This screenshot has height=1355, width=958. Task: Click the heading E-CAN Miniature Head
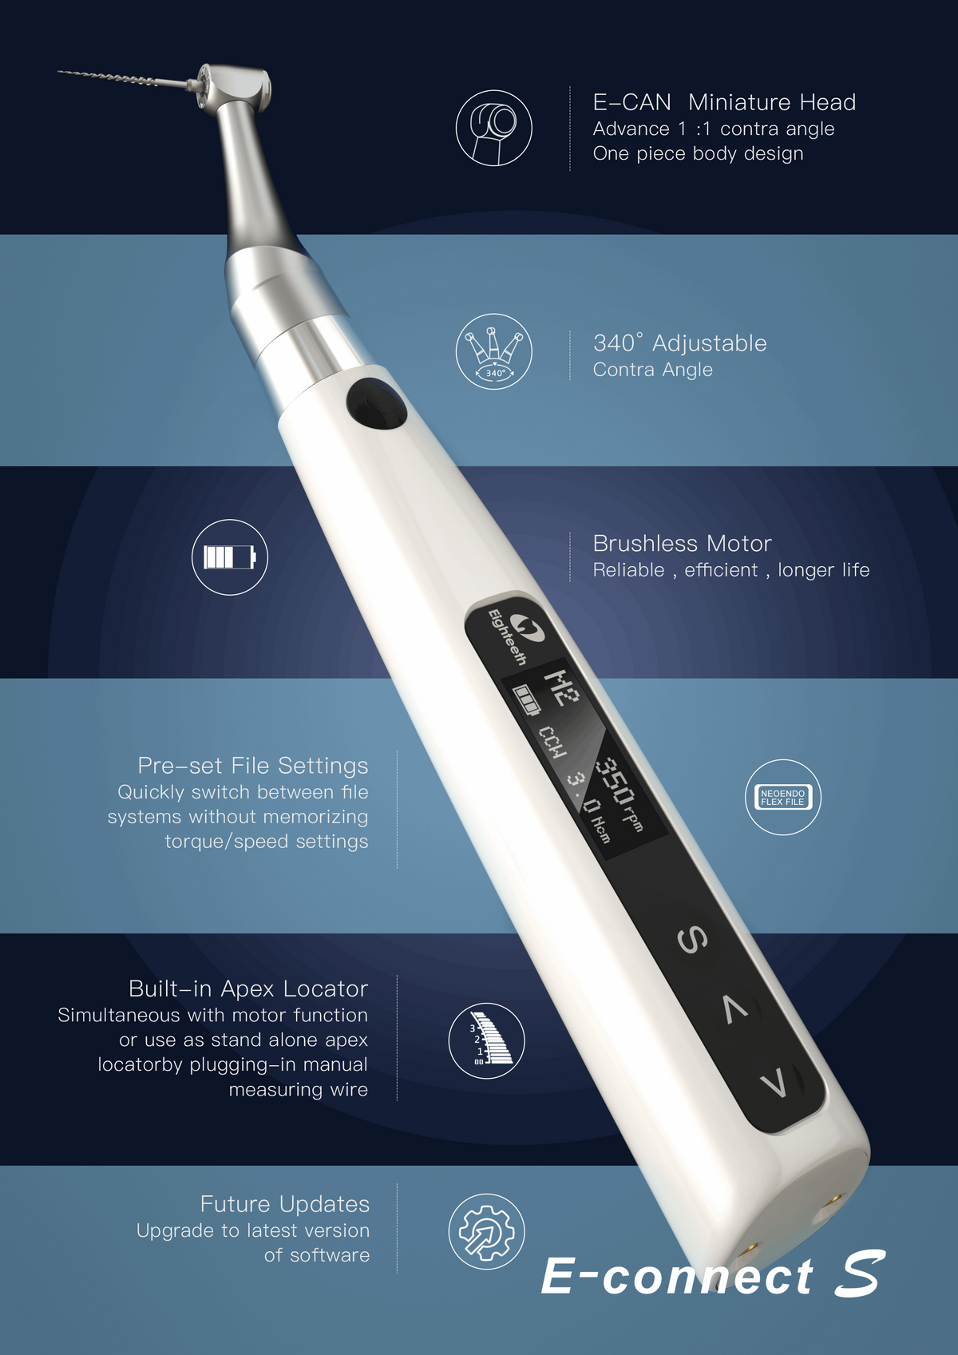click(x=723, y=102)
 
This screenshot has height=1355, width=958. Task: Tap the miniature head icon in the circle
click(x=493, y=128)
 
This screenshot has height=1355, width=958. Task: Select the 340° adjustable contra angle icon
click(x=493, y=351)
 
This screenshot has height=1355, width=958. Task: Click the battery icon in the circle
click(x=230, y=557)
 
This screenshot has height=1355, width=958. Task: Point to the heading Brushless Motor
click(x=682, y=544)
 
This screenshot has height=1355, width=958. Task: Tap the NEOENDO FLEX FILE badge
click(x=782, y=797)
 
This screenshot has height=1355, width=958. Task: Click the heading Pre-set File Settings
click(x=252, y=766)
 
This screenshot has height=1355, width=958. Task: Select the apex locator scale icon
click(x=486, y=1040)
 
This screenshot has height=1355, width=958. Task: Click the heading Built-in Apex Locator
click(x=247, y=989)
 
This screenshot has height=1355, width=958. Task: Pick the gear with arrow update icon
click(x=486, y=1231)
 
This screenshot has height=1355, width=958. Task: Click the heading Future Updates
click(x=284, y=1204)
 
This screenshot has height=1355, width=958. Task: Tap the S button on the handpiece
click(x=692, y=940)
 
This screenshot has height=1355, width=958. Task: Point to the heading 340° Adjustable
click(x=679, y=343)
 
